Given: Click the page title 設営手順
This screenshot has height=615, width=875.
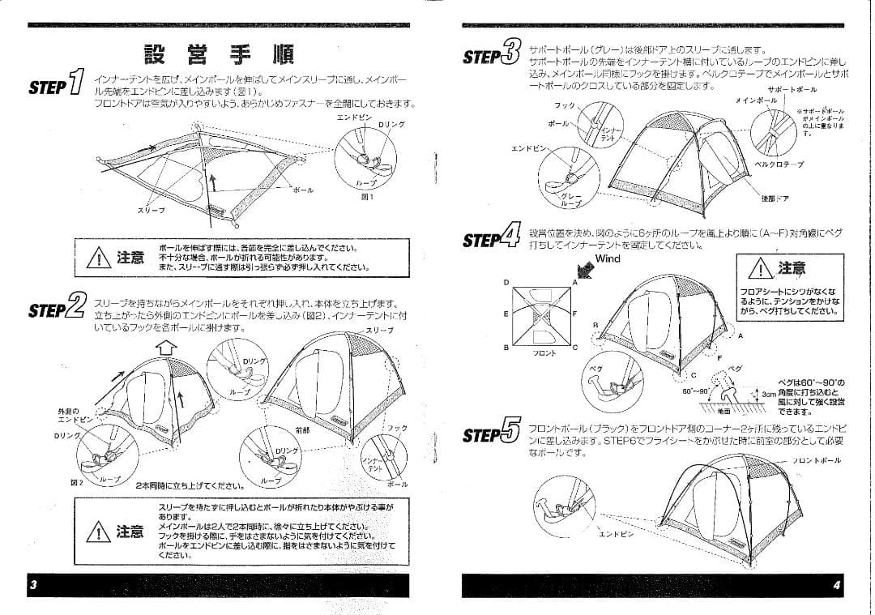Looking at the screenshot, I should (x=219, y=54).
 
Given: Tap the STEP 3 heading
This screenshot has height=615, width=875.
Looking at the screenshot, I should (x=490, y=55).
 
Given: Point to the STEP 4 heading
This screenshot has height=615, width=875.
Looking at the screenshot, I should (x=490, y=238).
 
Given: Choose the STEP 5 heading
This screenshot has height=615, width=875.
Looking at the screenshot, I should (x=490, y=433).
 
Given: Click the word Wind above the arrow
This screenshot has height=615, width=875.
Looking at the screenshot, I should (x=608, y=259).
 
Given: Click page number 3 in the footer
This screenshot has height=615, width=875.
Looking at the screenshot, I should (x=32, y=585).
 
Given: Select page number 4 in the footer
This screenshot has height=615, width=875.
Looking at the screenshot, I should (x=835, y=585).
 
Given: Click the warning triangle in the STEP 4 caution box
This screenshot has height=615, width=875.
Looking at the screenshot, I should (x=761, y=269).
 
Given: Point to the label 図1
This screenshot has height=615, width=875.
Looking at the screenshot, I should (x=367, y=196).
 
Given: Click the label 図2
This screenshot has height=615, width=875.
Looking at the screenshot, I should (x=77, y=481).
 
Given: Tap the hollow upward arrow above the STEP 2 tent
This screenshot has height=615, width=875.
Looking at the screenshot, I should (x=166, y=348).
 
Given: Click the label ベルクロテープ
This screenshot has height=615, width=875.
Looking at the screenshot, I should (x=779, y=163).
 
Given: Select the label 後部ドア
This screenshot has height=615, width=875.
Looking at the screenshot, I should (x=775, y=198).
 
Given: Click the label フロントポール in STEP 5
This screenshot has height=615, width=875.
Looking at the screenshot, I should (x=817, y=460).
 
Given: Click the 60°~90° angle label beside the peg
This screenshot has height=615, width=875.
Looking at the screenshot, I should (x=696, y=391).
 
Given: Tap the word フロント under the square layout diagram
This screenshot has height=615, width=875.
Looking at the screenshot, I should (x=544, y=354).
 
